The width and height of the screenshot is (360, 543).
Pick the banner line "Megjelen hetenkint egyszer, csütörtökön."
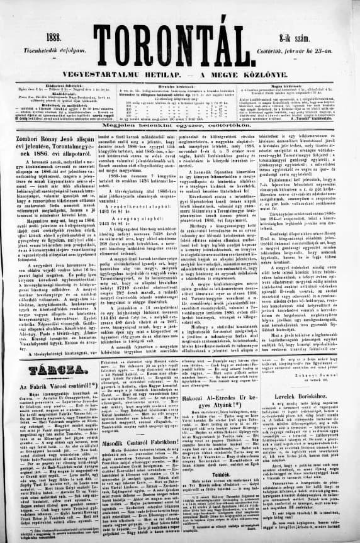point(179,124)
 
